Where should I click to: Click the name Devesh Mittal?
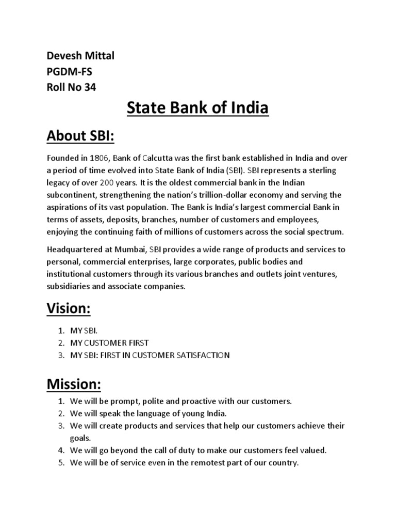80,56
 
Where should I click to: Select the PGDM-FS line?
70,72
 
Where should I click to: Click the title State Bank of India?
197,109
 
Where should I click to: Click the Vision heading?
68,309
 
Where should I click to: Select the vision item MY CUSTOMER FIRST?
110,343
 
